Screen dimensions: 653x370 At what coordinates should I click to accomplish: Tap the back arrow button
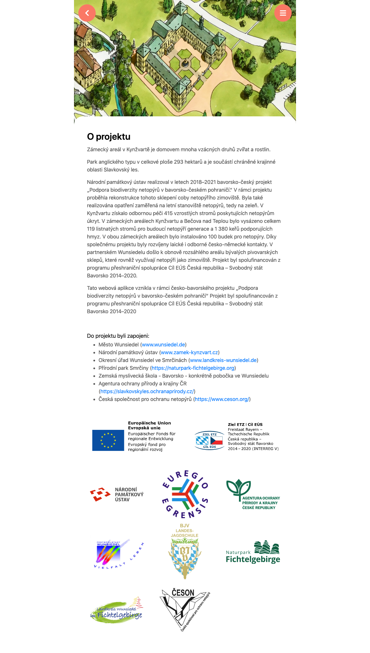tap(87, 13)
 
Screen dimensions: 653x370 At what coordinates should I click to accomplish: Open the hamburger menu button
tap(283, 13)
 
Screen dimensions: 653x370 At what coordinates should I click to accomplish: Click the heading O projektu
tap(109, 137)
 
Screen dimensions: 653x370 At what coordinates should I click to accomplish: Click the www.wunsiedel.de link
tap(163, 345)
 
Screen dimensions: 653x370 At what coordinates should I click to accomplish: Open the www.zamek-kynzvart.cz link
tap(189, 352)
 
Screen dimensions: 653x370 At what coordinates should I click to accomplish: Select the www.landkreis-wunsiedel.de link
tap(223, 360)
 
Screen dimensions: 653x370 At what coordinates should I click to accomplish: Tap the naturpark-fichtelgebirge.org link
tap(193, 368)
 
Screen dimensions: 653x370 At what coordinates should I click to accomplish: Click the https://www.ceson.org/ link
tap(222, 399)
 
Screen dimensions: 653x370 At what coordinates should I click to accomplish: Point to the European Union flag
tap(108, 440)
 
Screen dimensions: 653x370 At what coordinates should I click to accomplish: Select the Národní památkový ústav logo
tap(117, 495)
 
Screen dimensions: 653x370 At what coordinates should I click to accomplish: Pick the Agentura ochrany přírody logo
tap(253, 494)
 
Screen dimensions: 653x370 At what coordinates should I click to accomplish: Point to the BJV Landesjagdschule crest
tap(185, 551)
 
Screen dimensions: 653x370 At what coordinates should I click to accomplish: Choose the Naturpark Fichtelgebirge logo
tap(253, 552)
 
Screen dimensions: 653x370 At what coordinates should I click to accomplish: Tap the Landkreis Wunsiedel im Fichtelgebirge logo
tap(116, 611)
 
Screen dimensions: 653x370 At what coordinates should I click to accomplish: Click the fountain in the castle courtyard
tap(185, 63)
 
